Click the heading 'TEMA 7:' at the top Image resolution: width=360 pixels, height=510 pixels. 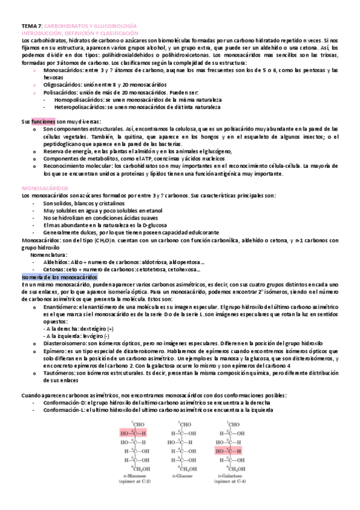click(32, 27)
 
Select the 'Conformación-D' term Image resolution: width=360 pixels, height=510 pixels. click(66, 402)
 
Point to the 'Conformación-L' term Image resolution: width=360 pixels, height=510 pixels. click(65, 410)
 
